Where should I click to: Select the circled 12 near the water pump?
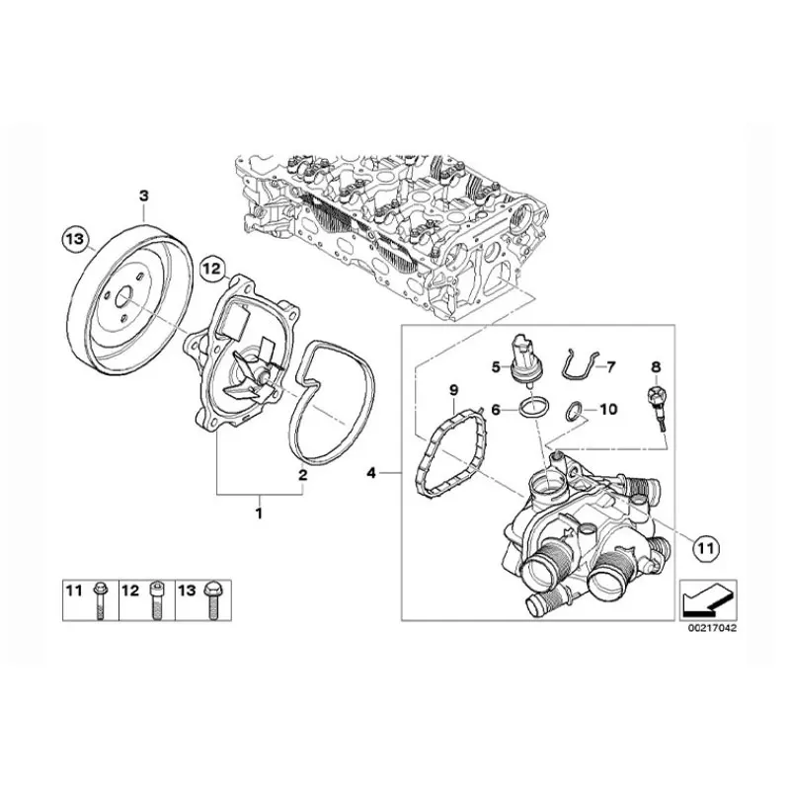point(211,267)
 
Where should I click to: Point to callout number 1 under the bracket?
point(259,512)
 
